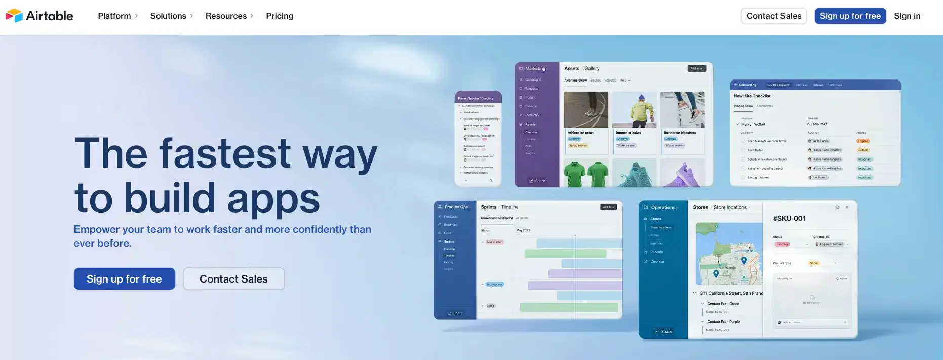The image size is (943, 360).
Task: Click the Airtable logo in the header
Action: (40, 16)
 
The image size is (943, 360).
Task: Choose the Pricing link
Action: (280, 16)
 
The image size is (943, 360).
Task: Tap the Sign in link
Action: (907, 16)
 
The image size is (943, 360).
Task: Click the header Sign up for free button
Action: (850, 16)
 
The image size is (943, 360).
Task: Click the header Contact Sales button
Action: (773, 16)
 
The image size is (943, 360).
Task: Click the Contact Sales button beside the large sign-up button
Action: (233, 279)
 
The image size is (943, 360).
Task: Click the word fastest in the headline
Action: (225, 153)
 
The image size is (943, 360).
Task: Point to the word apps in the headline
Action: (273, 198)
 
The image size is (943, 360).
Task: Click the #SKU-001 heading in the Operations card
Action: (789, 218)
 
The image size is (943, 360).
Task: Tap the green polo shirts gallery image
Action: (586, 174)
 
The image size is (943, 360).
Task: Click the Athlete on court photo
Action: (586, 109)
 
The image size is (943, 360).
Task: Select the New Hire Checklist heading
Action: (752, 96)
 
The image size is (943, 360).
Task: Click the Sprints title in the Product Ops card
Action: (488, 207)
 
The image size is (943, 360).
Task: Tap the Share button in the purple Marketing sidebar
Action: (537, 181)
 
